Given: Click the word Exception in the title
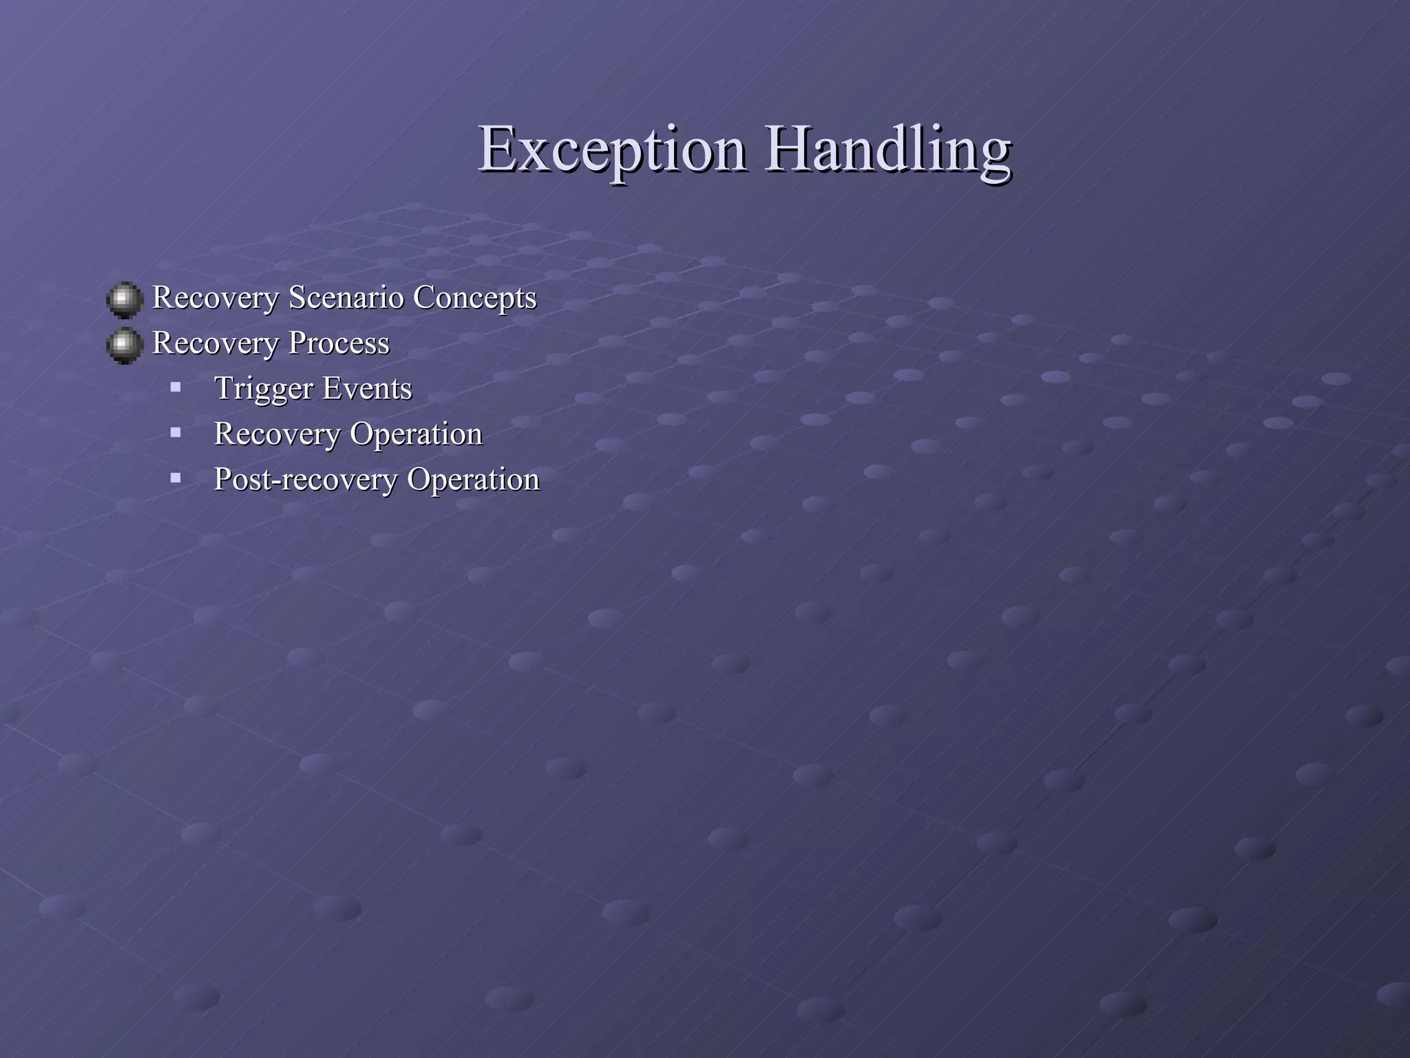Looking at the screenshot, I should pyautogui.click(x=611, y=150).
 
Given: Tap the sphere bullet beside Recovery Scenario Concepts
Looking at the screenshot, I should pyautogui.click(x=125, y=300).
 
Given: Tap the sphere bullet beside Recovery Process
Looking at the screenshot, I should pyautogui.click(x=125, y=345).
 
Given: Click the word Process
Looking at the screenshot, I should pyautogui.click(x=339, y=343).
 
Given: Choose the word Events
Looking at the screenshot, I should pyautogui.click(x=367, y=388).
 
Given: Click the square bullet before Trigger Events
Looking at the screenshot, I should pyautogui.click(x=176, y=387).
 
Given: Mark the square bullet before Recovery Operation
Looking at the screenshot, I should pyautogui.click(x=176, y=433).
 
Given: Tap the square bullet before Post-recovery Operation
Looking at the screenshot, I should pyautogui.click(x=176, y=477).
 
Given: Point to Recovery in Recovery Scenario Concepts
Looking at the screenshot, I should pyautogui.click(x=215, y=298).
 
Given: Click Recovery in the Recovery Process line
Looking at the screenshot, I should pyautogui.click(x=215, y=344).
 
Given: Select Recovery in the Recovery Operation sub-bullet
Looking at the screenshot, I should pyautogui.click(x=277, y=435).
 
